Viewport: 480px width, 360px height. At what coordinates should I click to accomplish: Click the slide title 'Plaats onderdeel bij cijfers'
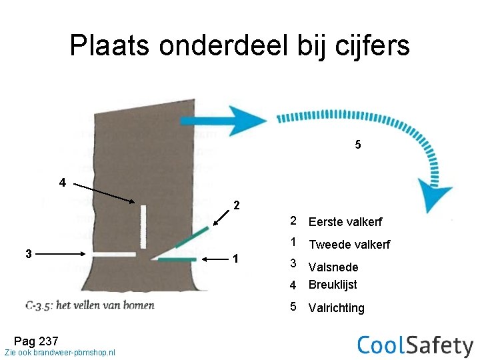coord(239,46)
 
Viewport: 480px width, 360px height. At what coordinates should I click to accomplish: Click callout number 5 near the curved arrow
coord(358,145)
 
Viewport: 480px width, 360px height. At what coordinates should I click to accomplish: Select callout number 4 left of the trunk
coord(62,182)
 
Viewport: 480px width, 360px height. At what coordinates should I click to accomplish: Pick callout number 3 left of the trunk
coord(27,253)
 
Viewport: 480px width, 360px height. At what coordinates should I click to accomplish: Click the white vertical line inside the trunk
coord(143,227)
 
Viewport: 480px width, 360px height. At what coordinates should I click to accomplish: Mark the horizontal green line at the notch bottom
coord(176,259)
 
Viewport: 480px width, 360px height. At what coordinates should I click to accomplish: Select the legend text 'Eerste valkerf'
coord(345,222)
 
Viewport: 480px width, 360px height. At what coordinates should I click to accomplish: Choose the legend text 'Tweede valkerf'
coord(349,245)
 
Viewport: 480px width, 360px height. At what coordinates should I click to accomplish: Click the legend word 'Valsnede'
coord(333,267)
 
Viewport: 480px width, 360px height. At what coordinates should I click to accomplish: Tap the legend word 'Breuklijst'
coord(333,285)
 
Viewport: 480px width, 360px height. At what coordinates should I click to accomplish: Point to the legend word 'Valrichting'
coord(336,308)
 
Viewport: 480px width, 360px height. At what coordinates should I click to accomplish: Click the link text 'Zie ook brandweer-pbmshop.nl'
coord(59,352)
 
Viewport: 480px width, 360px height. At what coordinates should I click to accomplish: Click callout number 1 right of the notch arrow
coord(233,259)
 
